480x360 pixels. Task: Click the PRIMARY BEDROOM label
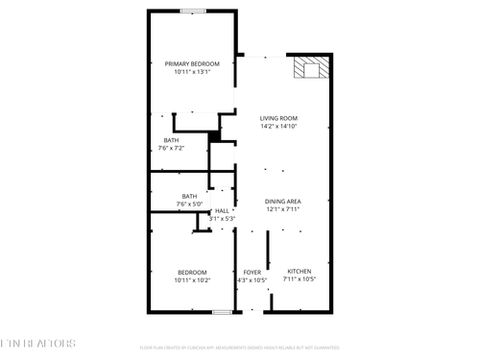[192, 63]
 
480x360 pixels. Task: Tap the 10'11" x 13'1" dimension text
[192, 72]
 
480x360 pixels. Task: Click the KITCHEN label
[300, 272]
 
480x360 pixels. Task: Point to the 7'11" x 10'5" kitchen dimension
[300, 280]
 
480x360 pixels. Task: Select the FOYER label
[252, 272]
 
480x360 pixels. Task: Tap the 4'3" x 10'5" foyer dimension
[252, 280]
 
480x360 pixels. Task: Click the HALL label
[222, 210]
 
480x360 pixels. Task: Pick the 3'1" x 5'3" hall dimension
[222, 219]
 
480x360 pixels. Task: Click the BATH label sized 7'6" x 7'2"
[171, 140]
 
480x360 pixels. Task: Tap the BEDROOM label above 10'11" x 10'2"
[192, 272]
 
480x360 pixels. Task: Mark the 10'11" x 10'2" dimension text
[192, 280]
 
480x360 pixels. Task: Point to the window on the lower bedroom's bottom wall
[222, 312]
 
